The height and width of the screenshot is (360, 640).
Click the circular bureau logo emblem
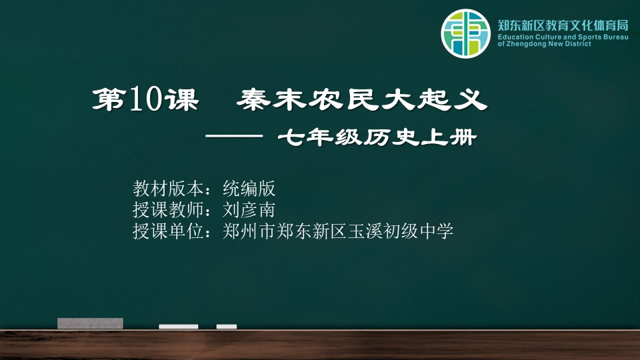pos(465,33)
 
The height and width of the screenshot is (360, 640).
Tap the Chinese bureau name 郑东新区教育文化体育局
pos(563,25)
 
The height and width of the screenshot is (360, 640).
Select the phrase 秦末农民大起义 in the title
pos(361,99)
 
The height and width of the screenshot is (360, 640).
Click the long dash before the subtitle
pos(234,137)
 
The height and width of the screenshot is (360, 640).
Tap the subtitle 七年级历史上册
pos(377,137)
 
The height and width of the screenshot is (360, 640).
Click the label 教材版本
pos(168,189)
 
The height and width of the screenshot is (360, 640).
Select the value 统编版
pos(249,189)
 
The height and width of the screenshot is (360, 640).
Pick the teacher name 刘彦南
pos(249,210)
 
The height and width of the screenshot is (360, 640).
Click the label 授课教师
pos(168,210)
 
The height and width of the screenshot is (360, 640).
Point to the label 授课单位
pos(168,231)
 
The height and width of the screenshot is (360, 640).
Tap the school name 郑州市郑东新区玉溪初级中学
pos(338,231)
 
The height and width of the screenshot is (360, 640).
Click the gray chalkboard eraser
pos(90,323)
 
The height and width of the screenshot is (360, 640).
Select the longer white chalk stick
pos(179,327)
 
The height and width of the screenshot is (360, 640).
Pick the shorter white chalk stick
pos(227,327)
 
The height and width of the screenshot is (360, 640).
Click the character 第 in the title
pos(108,99)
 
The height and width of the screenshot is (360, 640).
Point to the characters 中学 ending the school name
pos(436,231)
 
